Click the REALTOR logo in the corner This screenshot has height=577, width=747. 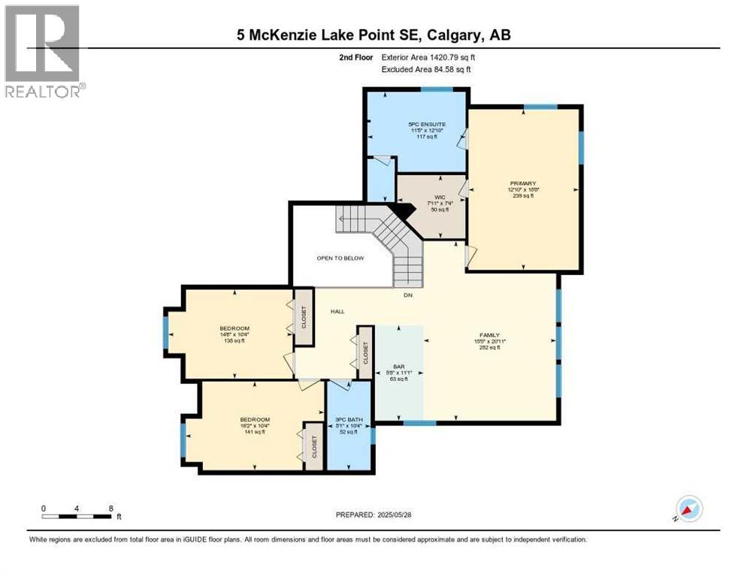point(42,51)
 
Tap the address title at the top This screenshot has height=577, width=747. point(373,35)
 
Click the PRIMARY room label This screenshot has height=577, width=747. point(522,183)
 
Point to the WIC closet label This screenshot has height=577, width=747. point(431,196)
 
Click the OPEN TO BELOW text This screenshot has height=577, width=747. point(340,258)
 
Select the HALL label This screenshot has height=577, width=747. point(337,312)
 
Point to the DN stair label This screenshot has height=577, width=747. point(408,295)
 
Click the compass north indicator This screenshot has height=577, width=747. point(688,509)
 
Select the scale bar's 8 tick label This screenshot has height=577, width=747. point(110,508)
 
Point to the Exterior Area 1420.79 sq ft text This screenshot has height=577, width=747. point(428,56)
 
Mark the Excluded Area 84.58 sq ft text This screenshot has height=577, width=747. point(426,70)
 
